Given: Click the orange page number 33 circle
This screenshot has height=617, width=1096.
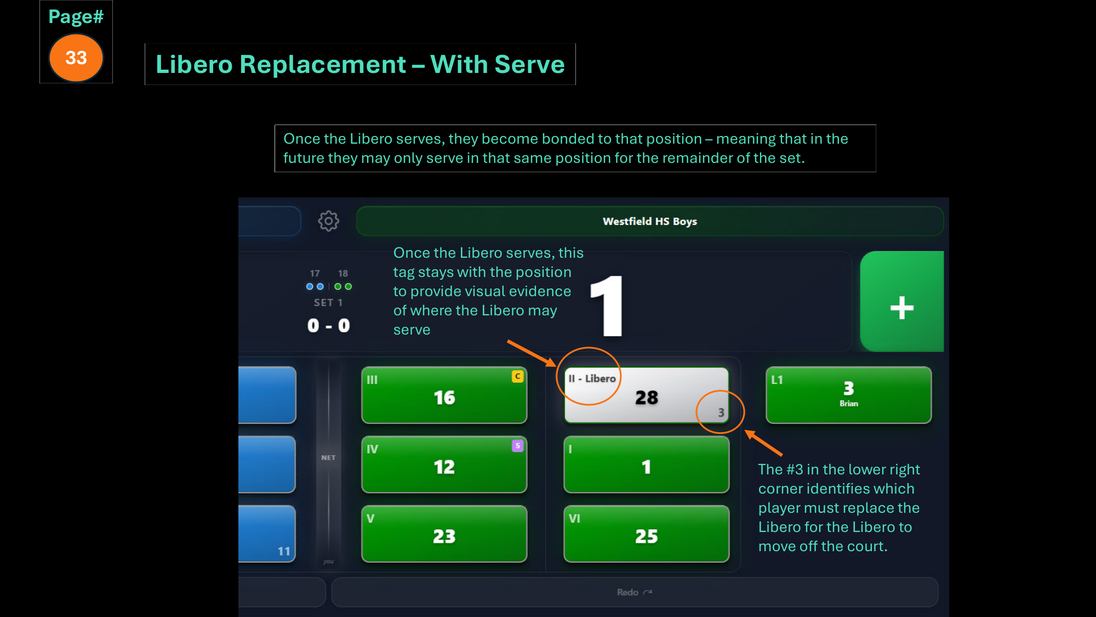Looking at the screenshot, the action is pos(76,58).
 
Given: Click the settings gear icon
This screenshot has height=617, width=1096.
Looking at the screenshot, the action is pos(329,221).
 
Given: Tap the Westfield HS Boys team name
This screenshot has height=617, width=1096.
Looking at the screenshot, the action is pos(650,222).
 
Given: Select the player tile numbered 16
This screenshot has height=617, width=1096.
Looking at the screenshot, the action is pos(444,395).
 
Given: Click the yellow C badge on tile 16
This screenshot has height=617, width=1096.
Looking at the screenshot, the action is pos(517,376).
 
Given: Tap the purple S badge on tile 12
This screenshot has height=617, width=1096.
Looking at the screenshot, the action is pos(517,446).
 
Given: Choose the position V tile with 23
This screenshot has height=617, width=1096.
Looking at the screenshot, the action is pos(444,534).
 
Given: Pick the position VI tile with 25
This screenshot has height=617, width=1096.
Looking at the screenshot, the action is pos(647,534).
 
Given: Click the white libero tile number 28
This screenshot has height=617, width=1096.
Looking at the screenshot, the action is pos(647,397).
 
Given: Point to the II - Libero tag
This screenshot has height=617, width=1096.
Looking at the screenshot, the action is pos(592,378).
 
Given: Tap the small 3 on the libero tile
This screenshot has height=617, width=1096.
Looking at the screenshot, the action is pos(721,412).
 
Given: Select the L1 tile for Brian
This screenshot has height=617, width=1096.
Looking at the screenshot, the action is pos(849,395).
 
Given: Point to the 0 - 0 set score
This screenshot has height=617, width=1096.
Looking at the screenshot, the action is pos(329,326).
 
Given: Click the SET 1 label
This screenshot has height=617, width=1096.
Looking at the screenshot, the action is pos(328,303).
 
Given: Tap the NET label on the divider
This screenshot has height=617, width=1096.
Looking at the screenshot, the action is pos(328,457).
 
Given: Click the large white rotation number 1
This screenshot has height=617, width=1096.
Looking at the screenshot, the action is pos(608,306).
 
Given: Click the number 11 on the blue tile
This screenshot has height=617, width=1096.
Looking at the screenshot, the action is pos(284,551).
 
